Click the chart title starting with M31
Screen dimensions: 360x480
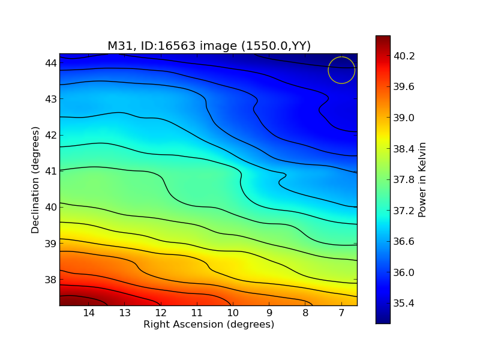coord(209,46)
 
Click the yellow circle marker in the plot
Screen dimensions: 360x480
coord(341,70)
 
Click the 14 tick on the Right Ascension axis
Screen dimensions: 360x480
coord(89,313)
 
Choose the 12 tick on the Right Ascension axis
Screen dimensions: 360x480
coord(161,313)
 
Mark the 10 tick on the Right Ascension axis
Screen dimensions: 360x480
coord(233,313)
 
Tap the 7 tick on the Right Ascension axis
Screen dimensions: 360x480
coord(341,313)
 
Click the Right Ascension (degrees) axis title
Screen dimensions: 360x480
coord(208,325)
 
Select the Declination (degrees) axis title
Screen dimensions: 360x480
coord(35,179)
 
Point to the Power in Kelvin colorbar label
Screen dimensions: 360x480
coord(422,179)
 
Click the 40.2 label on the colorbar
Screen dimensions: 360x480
coord(404,56)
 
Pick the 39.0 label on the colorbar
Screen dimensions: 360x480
coord(404,118)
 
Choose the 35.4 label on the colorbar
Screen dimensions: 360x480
coord(404,304)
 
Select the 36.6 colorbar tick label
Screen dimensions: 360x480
coord(404,242)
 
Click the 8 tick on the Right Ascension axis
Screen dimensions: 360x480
coord(305,313)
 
